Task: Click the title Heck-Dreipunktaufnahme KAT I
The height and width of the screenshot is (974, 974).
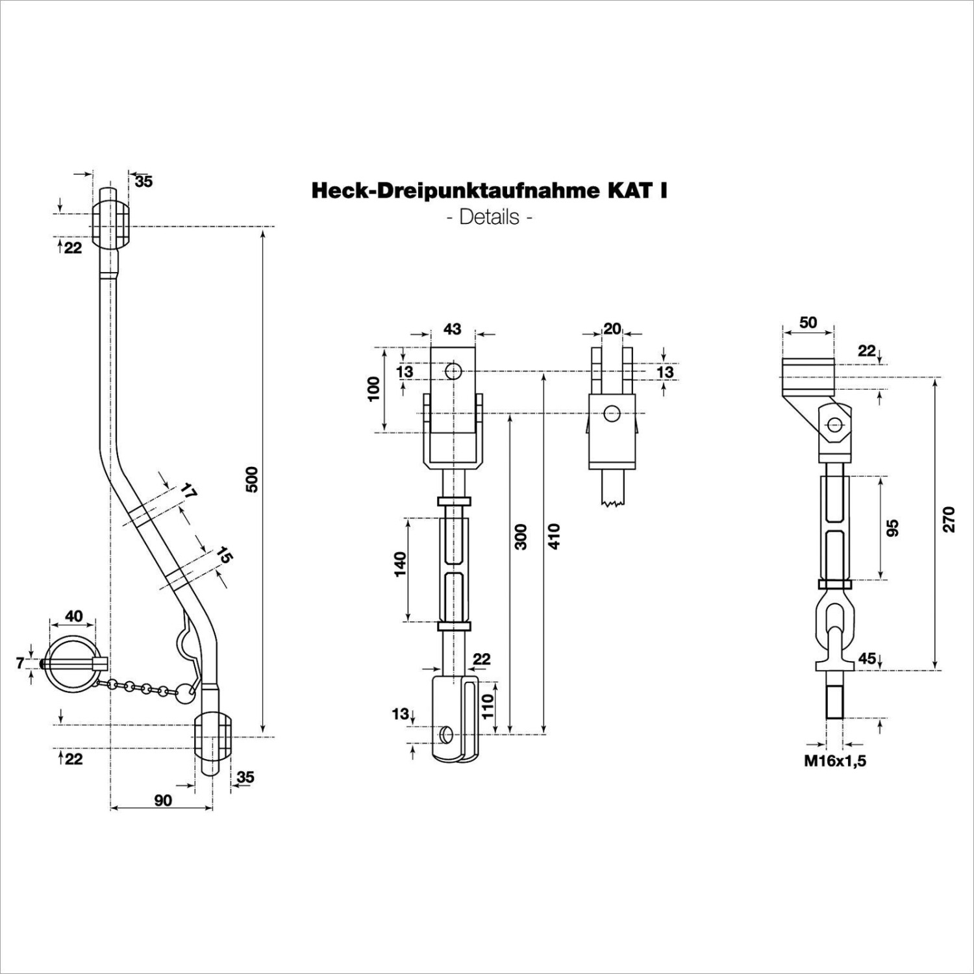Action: [x=490, y=190]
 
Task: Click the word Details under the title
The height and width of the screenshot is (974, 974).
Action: [x=490, y=216]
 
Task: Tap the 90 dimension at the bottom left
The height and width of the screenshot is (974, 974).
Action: [x=163, y=800]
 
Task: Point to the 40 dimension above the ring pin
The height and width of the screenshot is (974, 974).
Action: [x=74, y=615]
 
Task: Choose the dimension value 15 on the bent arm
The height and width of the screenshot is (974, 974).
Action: [x=224, y=555]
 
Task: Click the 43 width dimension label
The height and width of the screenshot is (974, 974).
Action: [x=453, y=329]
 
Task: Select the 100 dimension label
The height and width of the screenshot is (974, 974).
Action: [x=374, y=388]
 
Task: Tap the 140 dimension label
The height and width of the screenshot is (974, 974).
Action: [x=399, y=564]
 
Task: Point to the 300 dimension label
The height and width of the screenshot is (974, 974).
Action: [x=521, y=536]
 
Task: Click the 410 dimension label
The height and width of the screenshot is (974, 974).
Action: [x=553, y=536]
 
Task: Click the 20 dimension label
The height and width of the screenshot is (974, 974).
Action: [x=612, y=329]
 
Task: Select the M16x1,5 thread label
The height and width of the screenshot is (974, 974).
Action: [x=835, y=761]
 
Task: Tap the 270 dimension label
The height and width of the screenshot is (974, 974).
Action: [x=949, y=519]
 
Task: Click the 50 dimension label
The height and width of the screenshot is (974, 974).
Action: [x=808, y=322]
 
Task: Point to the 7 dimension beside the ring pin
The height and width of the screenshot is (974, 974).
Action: [x=20, y=663]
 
